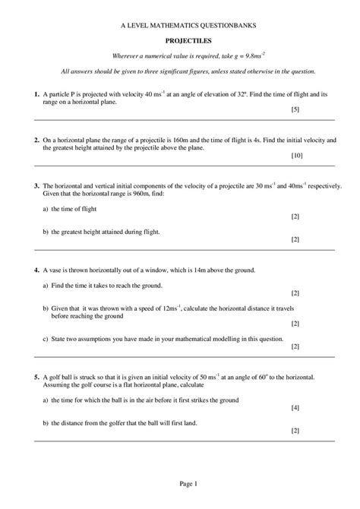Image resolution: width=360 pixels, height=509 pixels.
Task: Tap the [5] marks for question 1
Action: pos(295,109)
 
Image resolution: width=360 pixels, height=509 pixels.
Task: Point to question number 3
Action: pos(36,185)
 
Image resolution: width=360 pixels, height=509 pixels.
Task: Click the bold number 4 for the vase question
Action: pos(36,270)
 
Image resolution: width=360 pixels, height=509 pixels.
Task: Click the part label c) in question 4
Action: pos(46,340)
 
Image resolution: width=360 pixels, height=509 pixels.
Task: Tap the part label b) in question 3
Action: pos(46,232)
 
